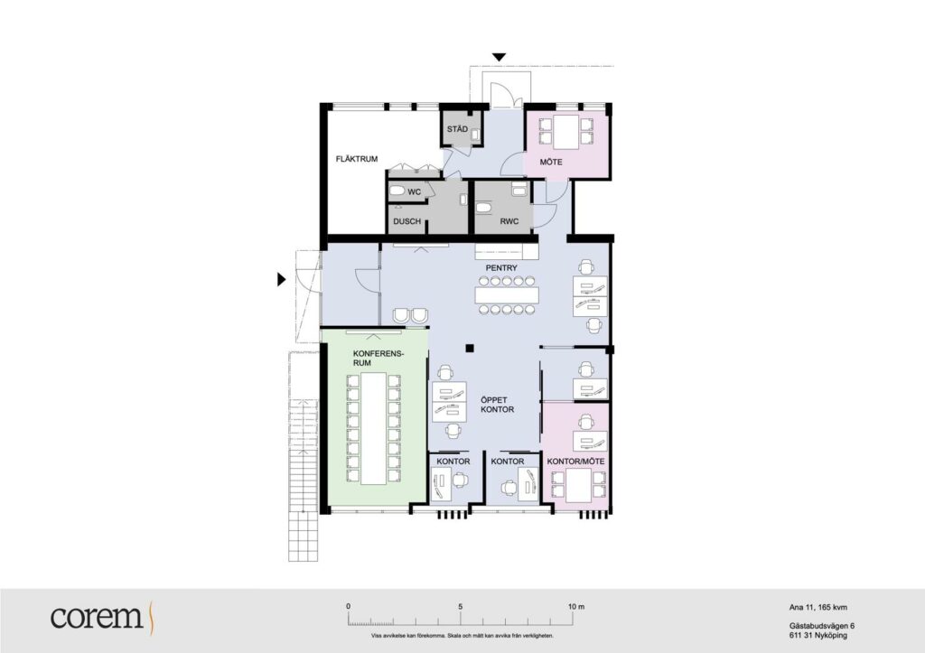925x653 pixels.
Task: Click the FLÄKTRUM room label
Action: (356, 159)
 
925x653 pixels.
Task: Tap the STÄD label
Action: (457, 129)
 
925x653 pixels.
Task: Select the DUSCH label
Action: (407, 221)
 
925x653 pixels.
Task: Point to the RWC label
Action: (509, 221)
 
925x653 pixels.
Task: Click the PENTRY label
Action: (501, 268)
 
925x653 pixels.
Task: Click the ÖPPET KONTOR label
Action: (498, 404)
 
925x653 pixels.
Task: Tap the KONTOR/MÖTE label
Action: (575, 462)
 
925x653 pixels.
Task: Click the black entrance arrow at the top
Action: (499, 57)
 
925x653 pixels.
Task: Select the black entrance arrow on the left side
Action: (282, 279)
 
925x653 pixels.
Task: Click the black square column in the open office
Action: (470, 348)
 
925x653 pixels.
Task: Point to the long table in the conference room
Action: (373, 428)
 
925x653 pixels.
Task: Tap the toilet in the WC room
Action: (397, 191)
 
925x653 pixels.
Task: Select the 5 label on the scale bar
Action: (460, 606)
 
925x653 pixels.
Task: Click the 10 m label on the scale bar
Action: (576, 606)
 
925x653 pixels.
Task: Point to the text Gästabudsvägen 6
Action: (822, 626)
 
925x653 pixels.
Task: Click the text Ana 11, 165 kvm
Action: (818, 607)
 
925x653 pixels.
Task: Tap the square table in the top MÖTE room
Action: (565, 132)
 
